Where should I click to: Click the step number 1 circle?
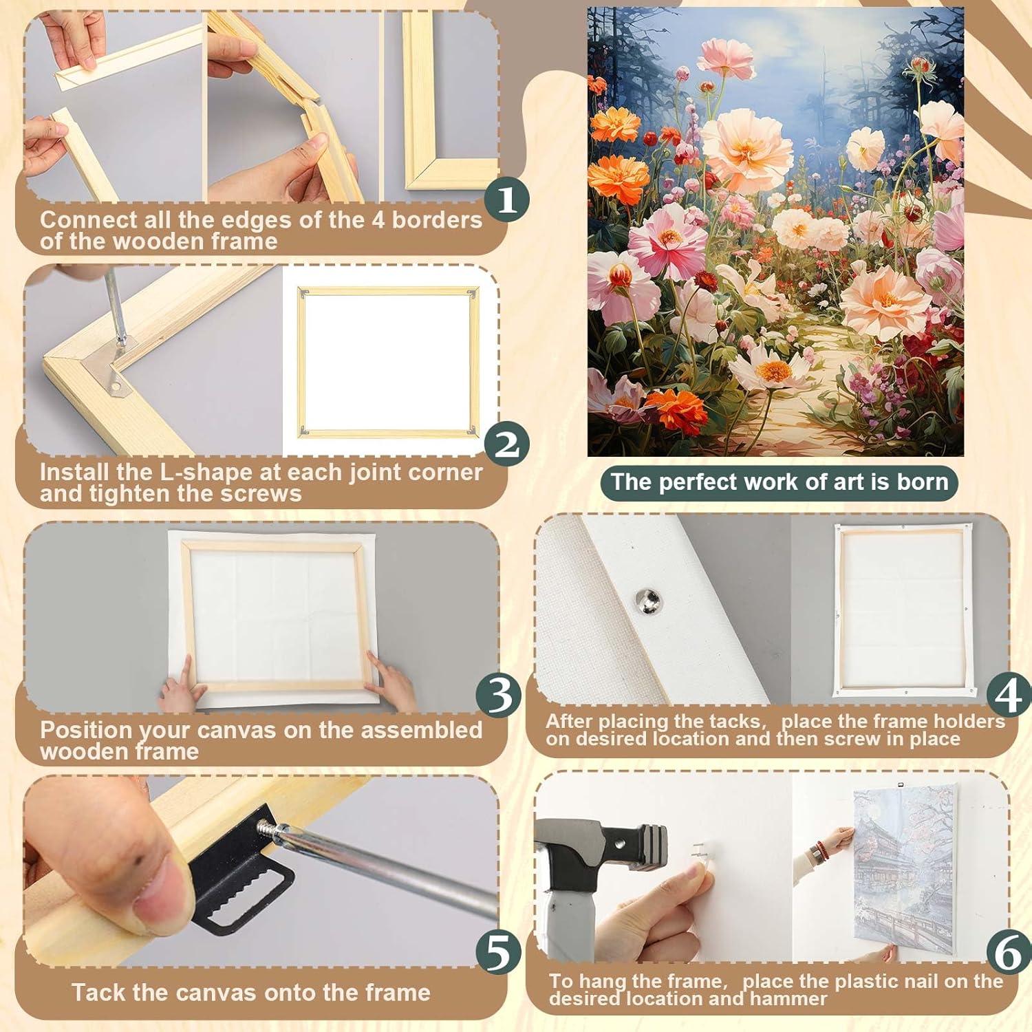click(506, 200)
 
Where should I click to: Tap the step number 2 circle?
click(506, 444)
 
